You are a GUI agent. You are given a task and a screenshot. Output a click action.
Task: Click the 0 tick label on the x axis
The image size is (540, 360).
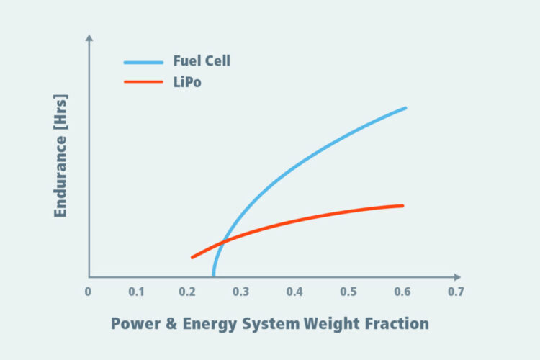88,292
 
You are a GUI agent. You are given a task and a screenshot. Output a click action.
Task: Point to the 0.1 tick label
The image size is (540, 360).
136,292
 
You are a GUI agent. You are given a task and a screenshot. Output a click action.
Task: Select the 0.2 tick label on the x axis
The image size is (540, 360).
188,292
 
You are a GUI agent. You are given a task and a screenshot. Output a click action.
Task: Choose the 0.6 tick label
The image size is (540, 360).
402,292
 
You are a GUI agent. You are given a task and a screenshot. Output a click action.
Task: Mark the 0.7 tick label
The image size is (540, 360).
455,292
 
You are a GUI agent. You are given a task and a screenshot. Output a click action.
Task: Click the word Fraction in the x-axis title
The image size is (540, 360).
395,323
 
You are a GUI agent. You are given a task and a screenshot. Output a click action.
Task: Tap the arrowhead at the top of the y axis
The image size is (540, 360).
89,37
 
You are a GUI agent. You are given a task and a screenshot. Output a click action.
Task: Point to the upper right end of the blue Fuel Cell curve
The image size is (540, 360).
405,108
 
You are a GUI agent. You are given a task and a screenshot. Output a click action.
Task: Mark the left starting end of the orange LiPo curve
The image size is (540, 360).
192,257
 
